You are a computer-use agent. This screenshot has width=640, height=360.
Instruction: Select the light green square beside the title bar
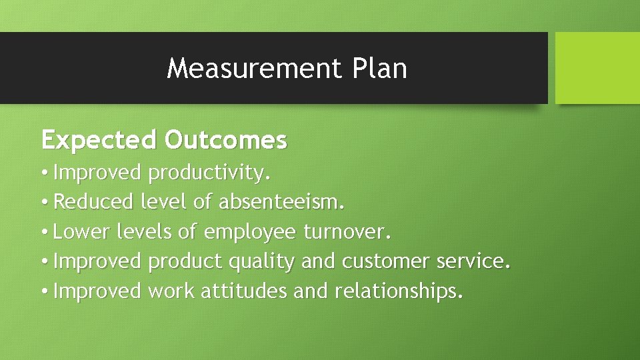click(x=597, y=68)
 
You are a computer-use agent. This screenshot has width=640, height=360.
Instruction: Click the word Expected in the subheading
click(x=99, y=141)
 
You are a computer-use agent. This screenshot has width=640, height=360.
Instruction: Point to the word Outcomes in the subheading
click(x=226, y=141)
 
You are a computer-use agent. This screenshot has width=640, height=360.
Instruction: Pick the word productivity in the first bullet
click(x=209, y=173)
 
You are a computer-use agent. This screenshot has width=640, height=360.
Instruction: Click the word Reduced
click(x=95, y=201)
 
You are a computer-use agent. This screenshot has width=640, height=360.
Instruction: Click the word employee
click(x=250, y=233)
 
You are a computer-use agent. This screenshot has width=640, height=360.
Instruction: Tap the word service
click(x=474, y=261)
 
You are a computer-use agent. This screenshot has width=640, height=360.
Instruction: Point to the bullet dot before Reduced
click(x=44, y=202)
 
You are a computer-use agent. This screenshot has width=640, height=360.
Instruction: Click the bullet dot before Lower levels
click(x=44, y=232)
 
